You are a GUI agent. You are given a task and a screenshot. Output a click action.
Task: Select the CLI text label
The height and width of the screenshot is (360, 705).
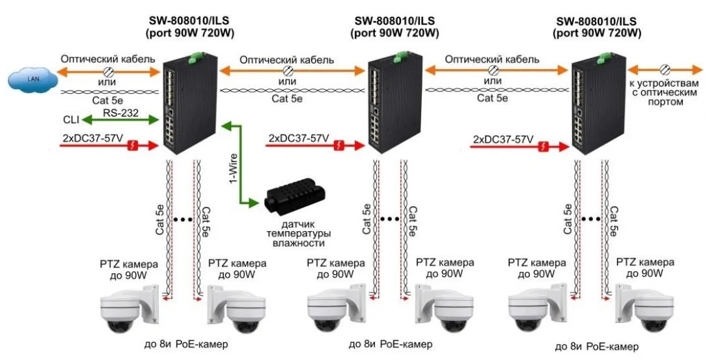[72, 120]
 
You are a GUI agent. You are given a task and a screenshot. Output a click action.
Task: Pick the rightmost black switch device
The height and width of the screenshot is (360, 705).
[590, 107]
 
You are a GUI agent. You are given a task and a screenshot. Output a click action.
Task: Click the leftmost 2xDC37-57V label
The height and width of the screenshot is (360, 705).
[92, 137]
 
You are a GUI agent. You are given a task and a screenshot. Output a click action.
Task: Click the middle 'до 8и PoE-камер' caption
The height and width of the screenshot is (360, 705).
[390, 343]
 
